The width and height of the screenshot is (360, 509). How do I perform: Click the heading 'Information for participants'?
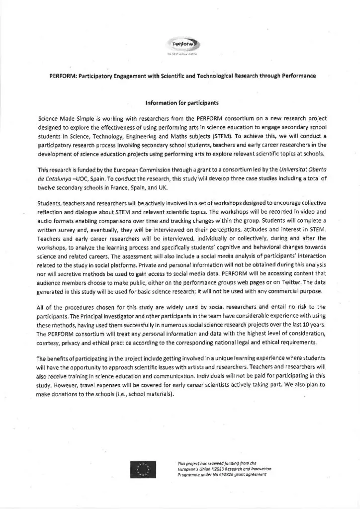(180, 104)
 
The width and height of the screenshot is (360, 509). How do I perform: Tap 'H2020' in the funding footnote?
(214, 469)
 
